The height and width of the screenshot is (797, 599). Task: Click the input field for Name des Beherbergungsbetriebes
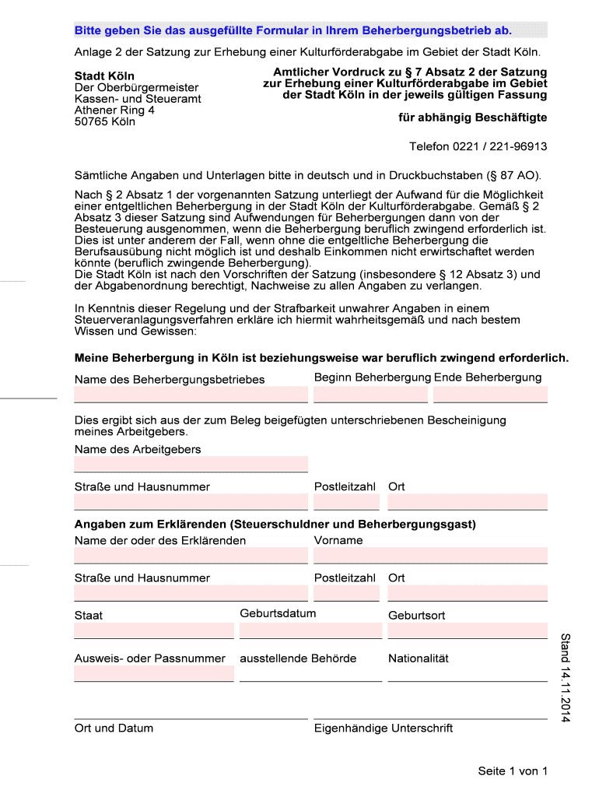coord(191,395)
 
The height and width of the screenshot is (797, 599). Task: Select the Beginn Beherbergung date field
coord(370,395)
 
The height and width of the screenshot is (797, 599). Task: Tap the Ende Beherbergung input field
coord(490,395)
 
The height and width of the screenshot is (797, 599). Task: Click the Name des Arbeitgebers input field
coord(191,465)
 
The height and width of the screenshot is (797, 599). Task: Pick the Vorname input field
coord(430,556)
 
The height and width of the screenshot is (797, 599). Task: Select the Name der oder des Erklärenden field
coord(191,556)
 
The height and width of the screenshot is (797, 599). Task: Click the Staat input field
coord(154,630)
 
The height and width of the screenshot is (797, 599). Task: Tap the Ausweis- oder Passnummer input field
coord(154,674)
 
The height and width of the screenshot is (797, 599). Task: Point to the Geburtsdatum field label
coord(278,613)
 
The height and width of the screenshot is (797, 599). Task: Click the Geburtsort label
coord(417,616)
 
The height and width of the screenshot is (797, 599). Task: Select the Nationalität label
coord(419,658)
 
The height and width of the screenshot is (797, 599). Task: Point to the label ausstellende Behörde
coord(298,658)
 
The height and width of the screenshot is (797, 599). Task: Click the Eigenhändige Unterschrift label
coord(384,729)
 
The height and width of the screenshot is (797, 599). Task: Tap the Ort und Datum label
coord(114,729)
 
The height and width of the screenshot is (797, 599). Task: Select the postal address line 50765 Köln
coord(104,121)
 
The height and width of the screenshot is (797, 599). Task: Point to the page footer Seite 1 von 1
coord(513,771)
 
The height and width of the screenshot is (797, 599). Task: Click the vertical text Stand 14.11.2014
coord(566,677)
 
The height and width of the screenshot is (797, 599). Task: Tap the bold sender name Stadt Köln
coord(104,76)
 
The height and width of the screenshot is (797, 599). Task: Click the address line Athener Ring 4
coord(114,111)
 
